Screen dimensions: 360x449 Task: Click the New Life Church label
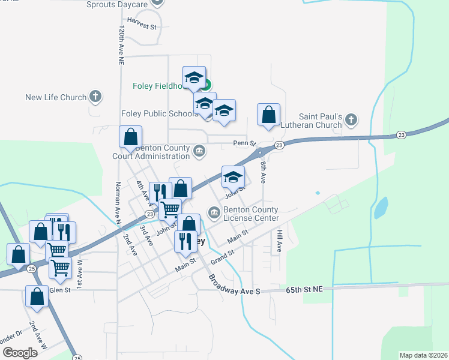56,97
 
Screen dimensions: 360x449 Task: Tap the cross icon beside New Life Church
95,96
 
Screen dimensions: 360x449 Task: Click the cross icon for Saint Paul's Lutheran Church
352,121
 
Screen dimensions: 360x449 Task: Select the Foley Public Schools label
158,113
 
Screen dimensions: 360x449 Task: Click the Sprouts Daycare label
116,4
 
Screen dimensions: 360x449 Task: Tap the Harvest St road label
142,27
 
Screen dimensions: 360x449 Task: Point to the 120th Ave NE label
121,46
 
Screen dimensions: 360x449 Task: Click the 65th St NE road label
304,289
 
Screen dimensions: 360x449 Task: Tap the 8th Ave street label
263,172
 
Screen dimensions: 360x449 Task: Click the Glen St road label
59,290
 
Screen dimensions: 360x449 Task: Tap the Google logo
20,353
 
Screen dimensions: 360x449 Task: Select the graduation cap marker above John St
234,177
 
